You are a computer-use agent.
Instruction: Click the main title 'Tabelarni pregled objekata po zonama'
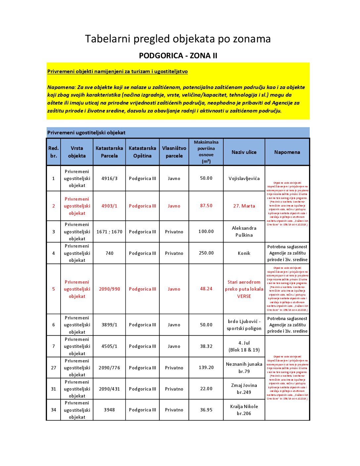178,39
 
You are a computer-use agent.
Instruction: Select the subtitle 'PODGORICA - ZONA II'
178,56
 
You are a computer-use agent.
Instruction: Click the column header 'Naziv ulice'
244,152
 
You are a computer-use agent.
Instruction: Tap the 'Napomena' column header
287,152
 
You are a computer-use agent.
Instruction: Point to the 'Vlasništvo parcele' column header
174,152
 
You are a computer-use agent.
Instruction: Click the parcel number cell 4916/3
109,178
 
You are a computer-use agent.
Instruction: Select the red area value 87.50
206,206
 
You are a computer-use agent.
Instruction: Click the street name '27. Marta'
244,206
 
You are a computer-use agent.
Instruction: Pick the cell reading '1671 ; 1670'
109,232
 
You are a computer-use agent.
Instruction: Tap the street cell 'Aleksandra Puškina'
244,232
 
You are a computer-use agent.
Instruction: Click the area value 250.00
206,253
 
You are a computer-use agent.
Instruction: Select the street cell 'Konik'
244,253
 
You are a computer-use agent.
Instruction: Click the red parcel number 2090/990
109,289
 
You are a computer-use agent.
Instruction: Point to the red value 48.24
206,289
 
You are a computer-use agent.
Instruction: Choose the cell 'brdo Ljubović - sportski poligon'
244,325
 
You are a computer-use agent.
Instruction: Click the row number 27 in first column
53,368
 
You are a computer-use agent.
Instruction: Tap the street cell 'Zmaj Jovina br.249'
244,389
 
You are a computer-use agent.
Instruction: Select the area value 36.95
206,410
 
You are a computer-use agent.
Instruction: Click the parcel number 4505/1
109,346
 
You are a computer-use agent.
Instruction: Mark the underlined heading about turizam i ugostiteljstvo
117,71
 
